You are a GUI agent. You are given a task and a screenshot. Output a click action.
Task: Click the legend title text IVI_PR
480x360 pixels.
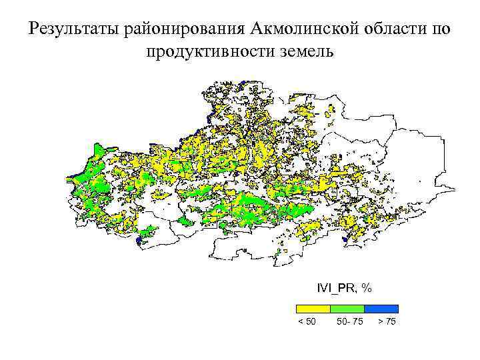click(x=336, y=288)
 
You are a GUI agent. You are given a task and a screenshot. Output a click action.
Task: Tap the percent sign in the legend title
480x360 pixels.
click(x=367, y=288)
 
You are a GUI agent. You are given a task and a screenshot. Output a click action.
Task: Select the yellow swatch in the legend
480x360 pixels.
click(x=313, y=309)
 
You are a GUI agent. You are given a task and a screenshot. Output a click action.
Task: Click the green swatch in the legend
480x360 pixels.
click(x=347, y=309)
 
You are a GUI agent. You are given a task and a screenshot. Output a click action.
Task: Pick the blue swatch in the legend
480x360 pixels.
click(x=381, y=309)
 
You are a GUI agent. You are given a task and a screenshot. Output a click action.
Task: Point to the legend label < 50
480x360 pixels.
click(x=307, y=323)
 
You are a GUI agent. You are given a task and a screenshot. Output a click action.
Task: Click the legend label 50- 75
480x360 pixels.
click(x=350, y=323)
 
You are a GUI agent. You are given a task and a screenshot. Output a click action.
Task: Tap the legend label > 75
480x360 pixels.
click(x=387, y=323)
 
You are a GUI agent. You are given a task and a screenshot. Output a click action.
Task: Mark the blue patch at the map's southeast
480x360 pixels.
click(x=344, y=237)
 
